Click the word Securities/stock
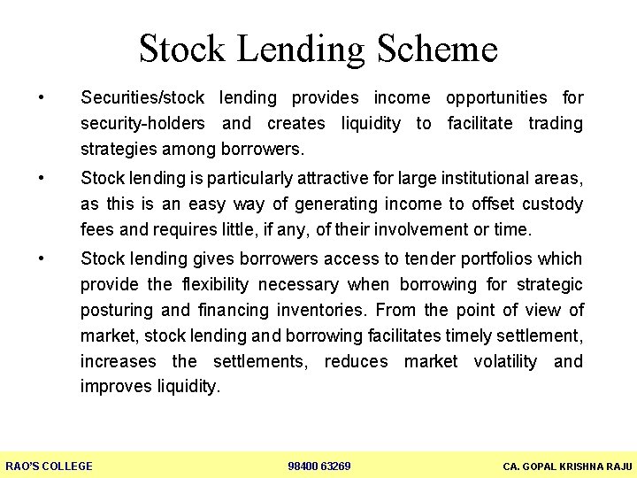click(142, 97)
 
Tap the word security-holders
click(142, 123)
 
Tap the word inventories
click(324, 310)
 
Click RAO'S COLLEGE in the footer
click(50, 466)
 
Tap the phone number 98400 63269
click(319, 466)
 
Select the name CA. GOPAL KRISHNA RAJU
click(567, 466)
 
